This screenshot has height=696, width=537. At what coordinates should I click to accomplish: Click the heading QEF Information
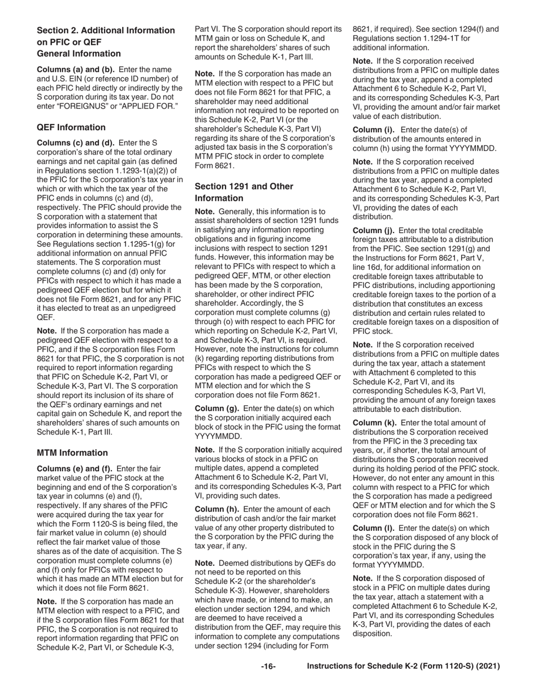click(x=71, y=127)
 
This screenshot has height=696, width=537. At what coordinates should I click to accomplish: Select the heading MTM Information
click(x=72, y=453)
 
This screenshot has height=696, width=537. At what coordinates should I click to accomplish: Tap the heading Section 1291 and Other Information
click(x=244, y=192)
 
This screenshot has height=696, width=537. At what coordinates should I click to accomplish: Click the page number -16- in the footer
click(x=268, y=667)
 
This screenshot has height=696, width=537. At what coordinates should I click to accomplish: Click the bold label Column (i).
click(x=374, y=130)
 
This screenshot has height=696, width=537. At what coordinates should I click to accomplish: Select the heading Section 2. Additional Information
click(x=106, y=30)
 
